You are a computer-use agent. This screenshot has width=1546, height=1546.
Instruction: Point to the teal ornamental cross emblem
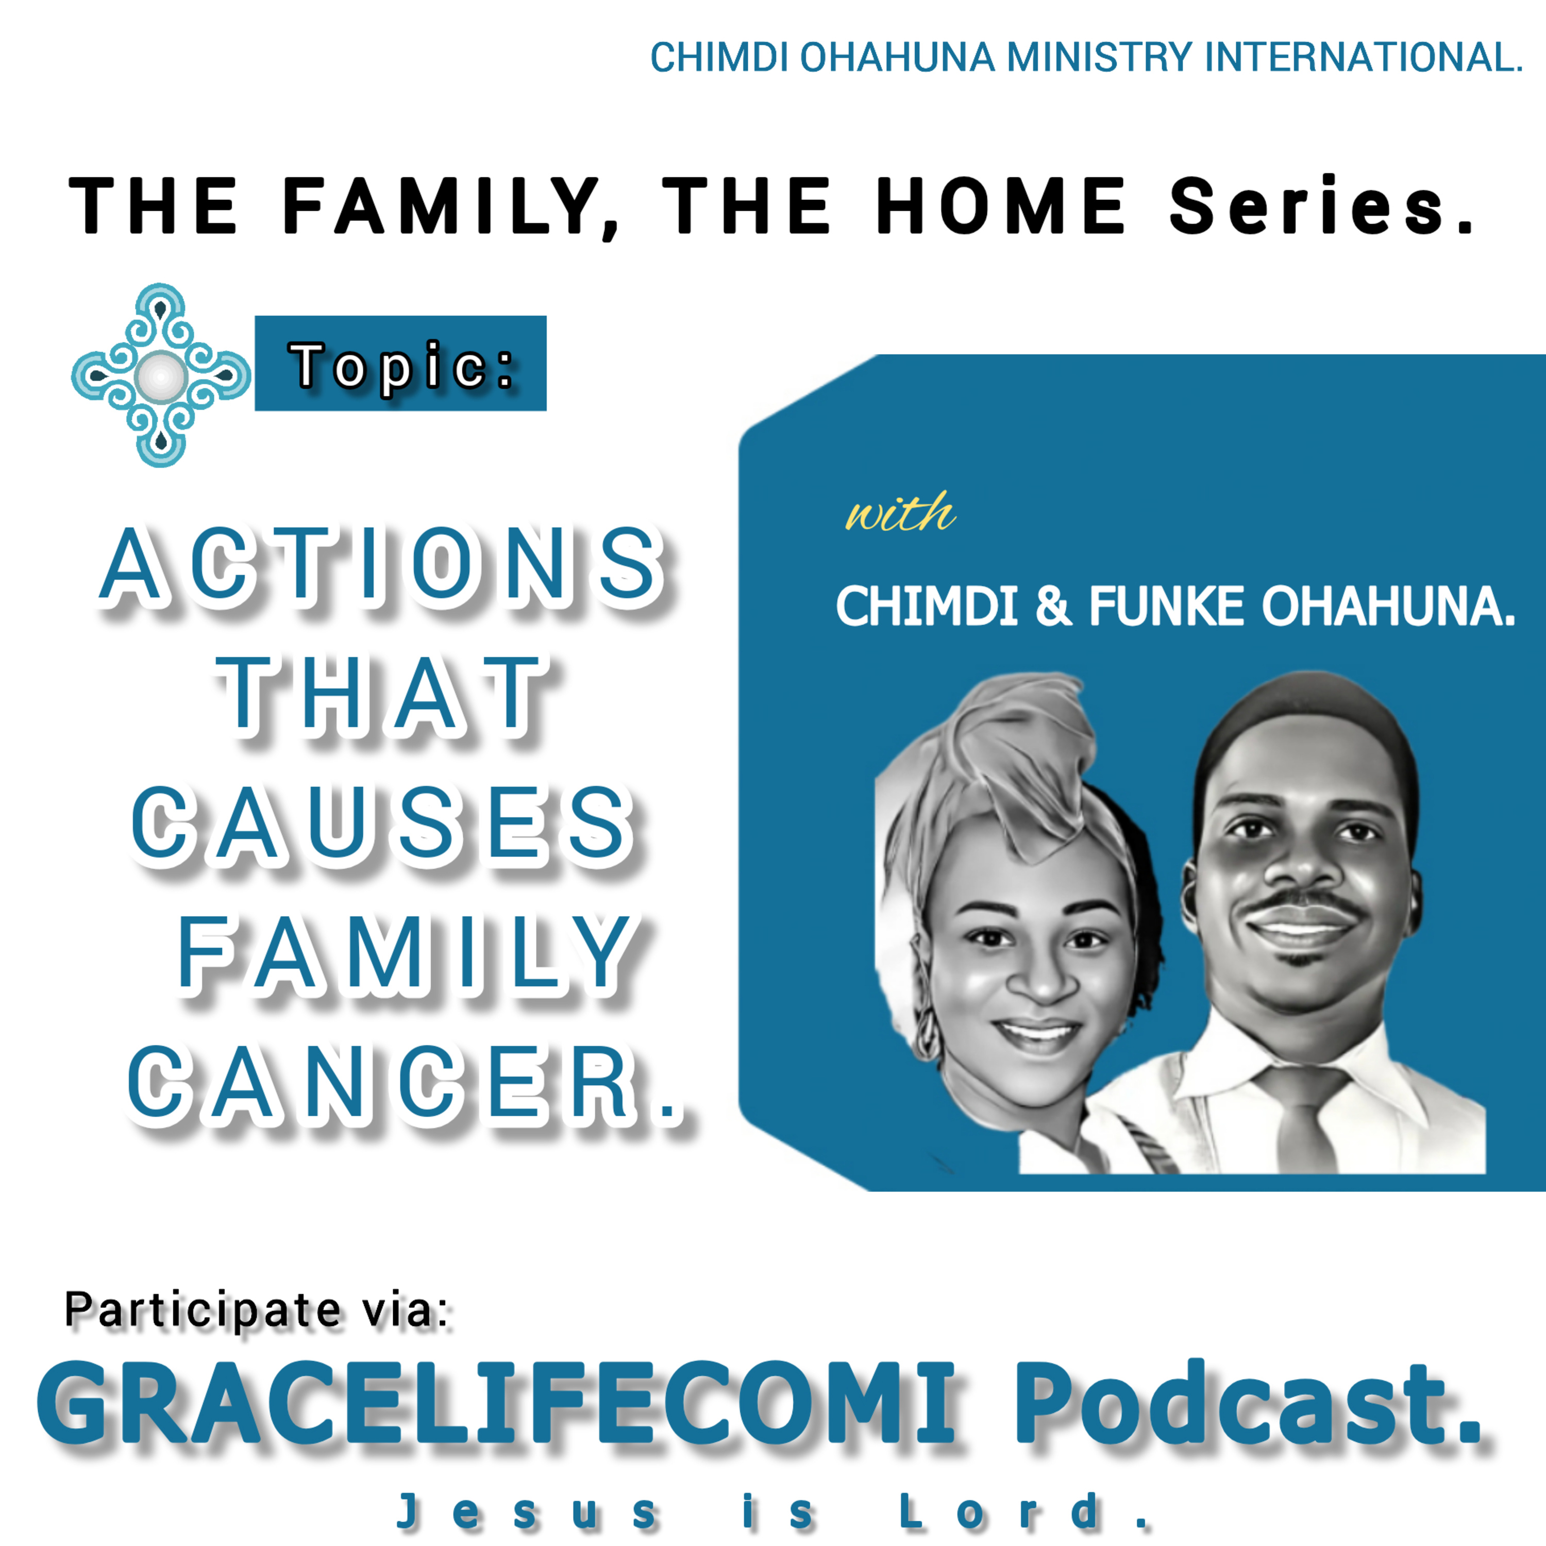coord(161,375)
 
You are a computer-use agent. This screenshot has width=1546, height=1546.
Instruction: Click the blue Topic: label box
coord(400,363)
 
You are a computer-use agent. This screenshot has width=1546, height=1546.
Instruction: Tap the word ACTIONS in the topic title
coord(382,564)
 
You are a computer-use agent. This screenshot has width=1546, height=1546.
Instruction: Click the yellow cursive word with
coord(901,513)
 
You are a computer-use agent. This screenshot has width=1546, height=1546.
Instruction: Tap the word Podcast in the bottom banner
coord(1248,1404)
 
